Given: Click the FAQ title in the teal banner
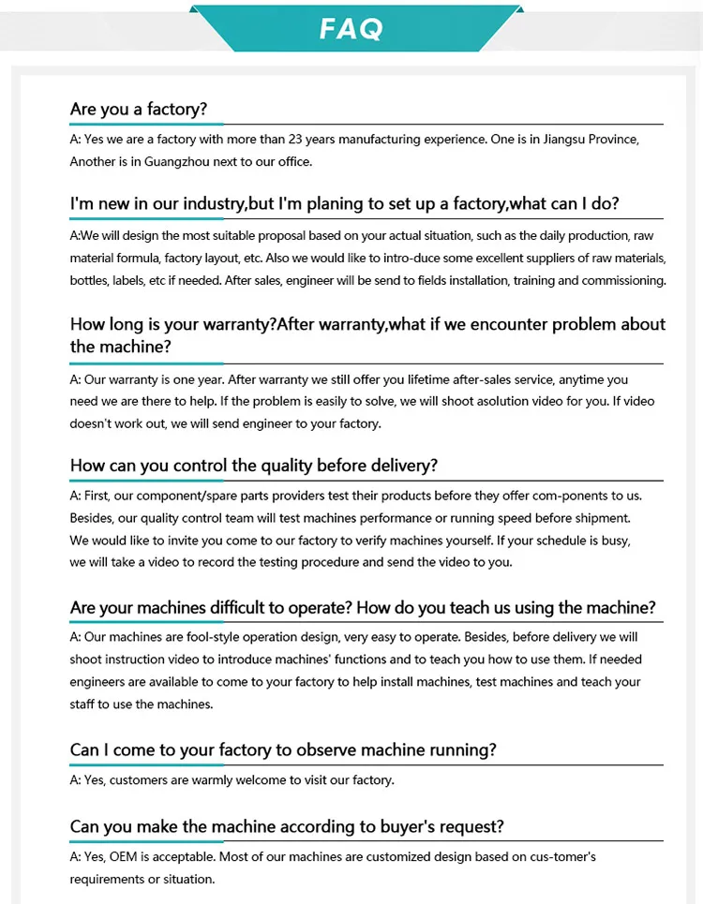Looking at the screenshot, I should [x=351, y=28].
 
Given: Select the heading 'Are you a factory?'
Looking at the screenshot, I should [x=138, y=110].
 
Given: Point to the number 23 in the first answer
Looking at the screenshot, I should [x=297, y=140].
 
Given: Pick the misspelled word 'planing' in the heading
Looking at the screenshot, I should [x=335, y=204].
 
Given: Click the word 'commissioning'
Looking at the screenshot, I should [x=623, y=280].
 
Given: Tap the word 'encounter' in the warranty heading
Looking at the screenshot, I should [x=503, y=325].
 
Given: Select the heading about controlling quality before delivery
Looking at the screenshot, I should [x=253, y=466].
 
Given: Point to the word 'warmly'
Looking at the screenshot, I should [x=209, y=779].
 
